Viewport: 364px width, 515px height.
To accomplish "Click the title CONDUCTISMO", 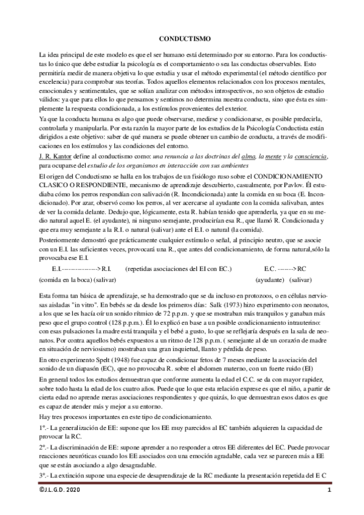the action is tap(181, 38).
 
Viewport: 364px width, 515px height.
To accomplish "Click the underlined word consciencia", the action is tap(311, 157).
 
